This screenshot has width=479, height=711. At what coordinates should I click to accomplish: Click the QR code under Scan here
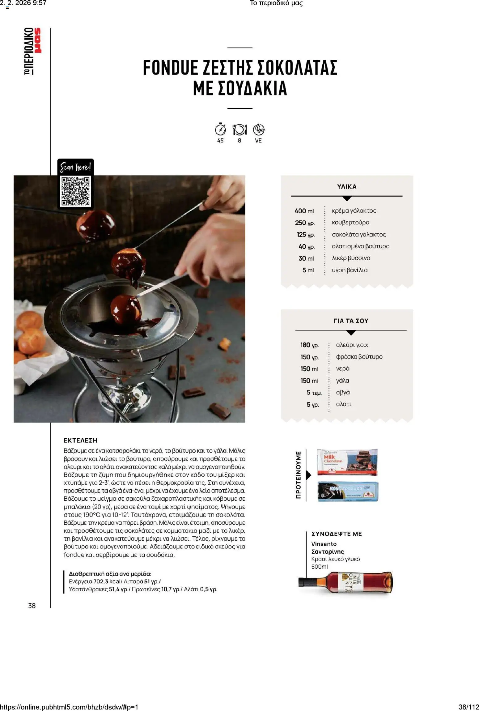[76, 191]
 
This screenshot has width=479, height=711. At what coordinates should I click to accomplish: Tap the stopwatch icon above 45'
[220, 129]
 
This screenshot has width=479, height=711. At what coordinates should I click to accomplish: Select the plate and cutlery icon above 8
[239, 130]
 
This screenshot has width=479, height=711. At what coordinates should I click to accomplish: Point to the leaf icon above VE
[259, 130]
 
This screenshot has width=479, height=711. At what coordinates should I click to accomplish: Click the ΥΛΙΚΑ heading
[346, 187]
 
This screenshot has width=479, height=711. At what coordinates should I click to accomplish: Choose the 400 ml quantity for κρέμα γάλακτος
[304, 211]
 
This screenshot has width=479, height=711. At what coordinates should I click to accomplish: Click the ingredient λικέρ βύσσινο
[351, 258]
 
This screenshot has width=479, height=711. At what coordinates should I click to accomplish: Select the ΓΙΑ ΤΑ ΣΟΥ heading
[351, 321]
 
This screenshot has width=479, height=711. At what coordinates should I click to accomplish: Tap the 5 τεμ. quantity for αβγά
[314, 393]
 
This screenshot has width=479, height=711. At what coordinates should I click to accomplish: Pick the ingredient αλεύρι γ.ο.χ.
[353, 345]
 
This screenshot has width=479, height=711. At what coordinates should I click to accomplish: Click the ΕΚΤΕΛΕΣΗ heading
[80, 440]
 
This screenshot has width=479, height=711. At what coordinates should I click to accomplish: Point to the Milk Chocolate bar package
[347, 462]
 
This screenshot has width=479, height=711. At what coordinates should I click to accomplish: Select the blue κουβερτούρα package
[348, 491]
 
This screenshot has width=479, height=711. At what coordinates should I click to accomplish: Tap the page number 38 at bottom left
[32, 606]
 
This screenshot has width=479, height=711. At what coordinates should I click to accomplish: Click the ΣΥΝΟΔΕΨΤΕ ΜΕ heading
[336, 534]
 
